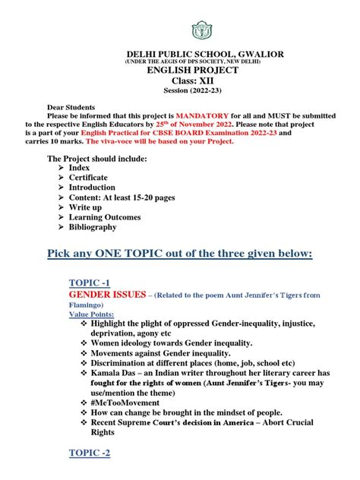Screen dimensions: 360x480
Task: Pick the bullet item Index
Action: [79, 168]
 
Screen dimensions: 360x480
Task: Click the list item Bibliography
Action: [93, 227]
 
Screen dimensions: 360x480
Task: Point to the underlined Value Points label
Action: [92, 313]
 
